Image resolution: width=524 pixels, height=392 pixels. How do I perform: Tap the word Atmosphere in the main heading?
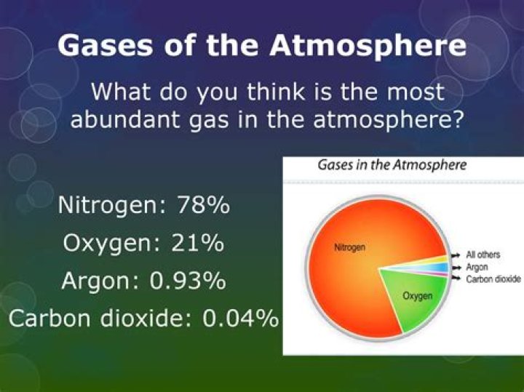point(368,45)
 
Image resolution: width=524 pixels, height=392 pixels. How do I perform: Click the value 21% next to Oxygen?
point(197,242)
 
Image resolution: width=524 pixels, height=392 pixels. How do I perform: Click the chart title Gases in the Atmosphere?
point(392,165)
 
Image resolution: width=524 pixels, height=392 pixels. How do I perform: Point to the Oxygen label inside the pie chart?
point(418,296)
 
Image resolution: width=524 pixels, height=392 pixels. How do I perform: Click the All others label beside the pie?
point(483,255)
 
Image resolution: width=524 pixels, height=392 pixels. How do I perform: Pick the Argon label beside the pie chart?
point(476,267)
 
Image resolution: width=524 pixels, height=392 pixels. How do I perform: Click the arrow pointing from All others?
point(456,256)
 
